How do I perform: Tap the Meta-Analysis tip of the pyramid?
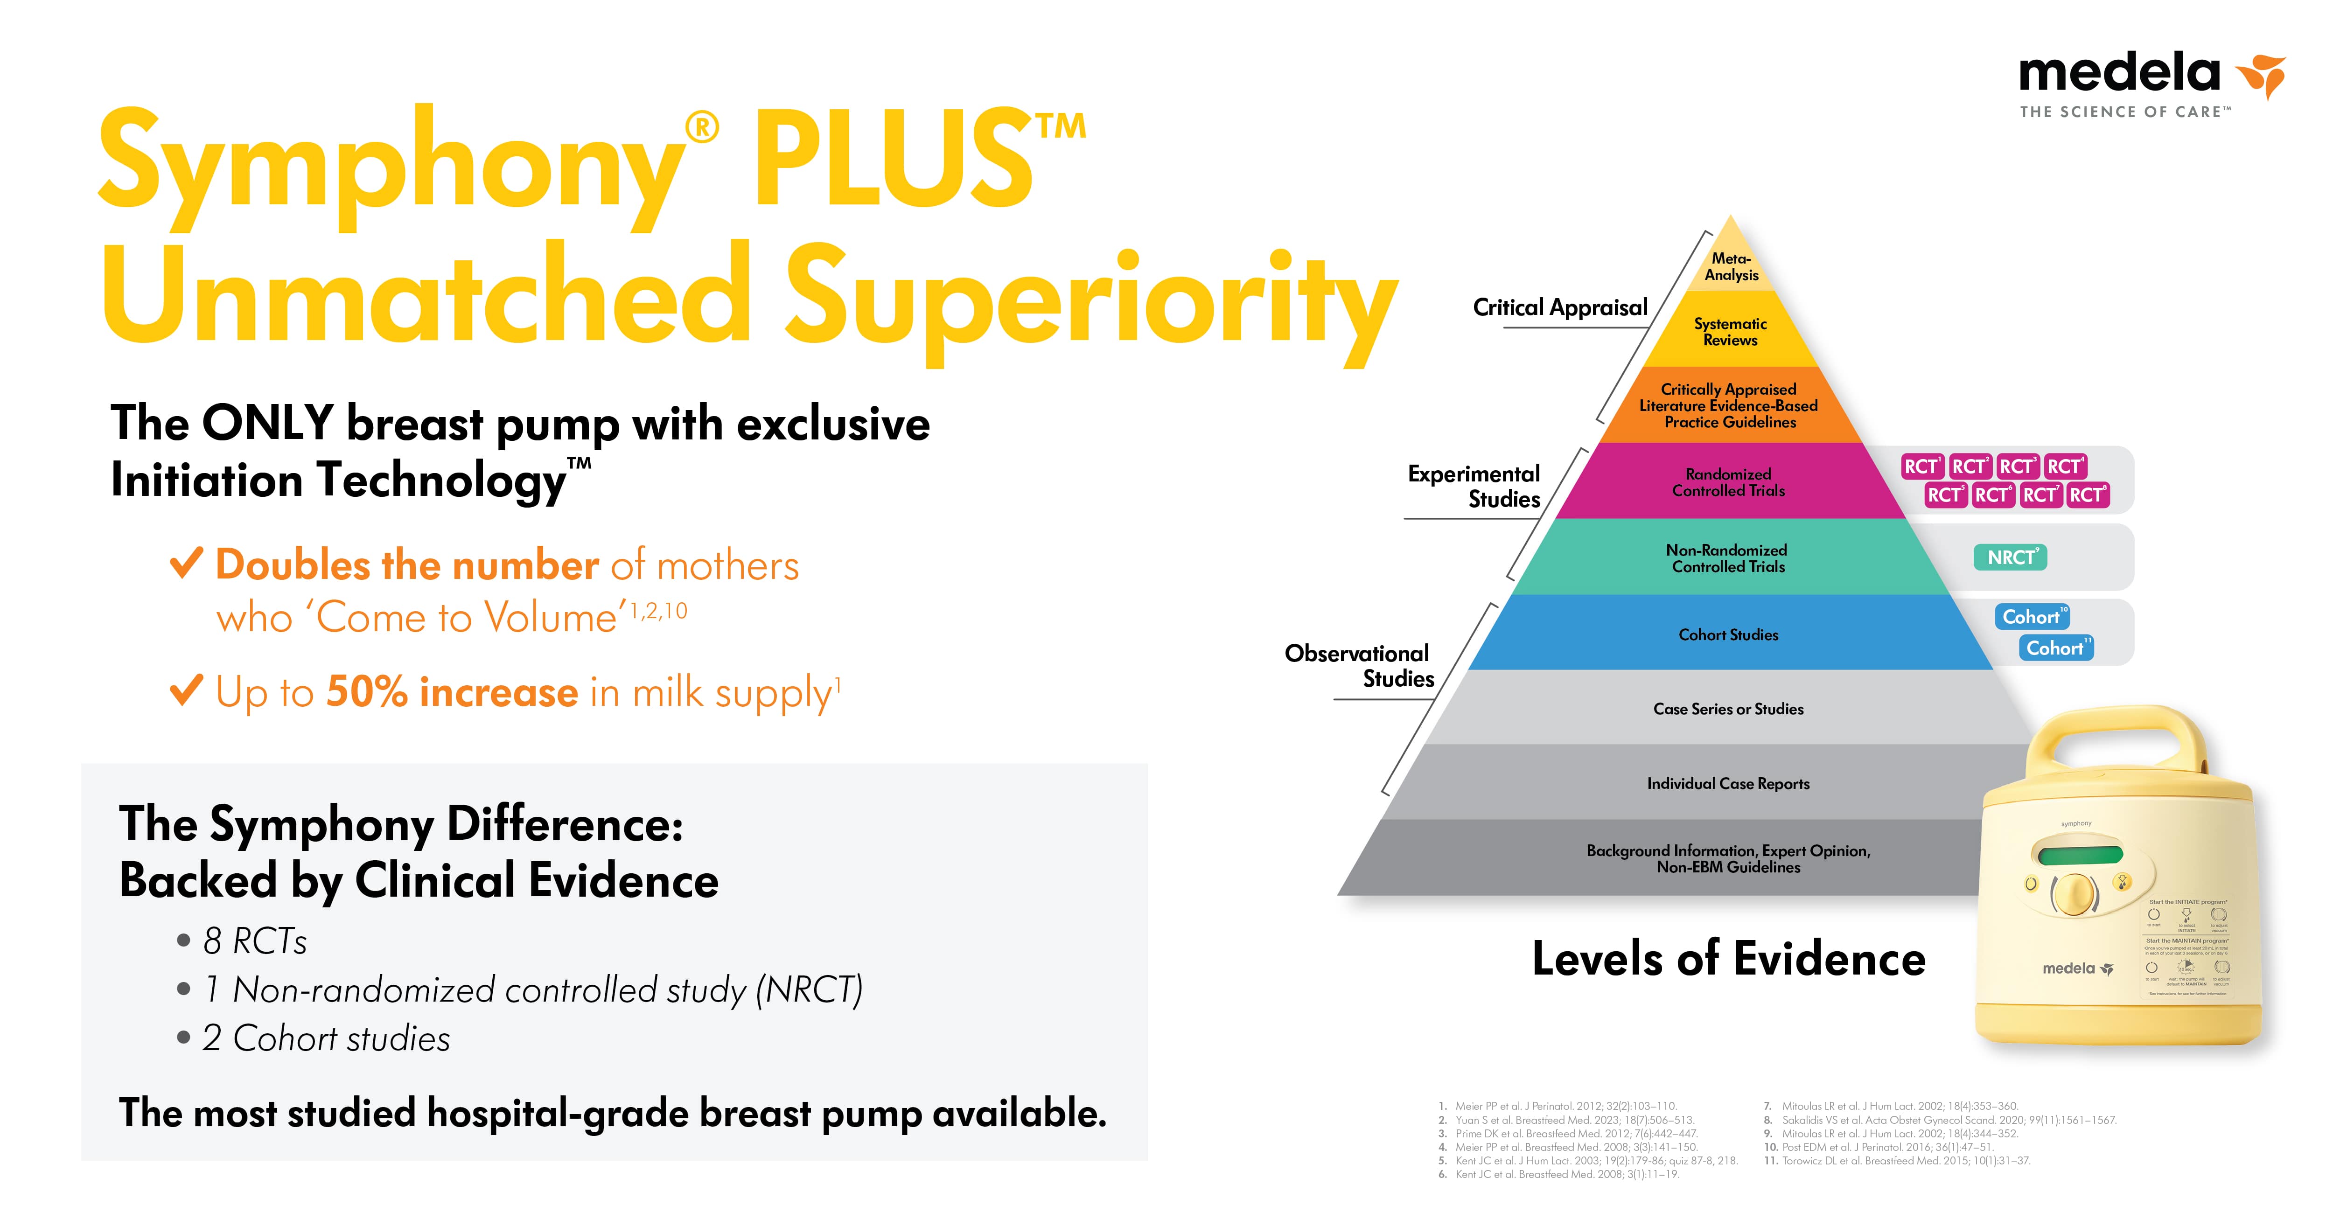[1731, 266]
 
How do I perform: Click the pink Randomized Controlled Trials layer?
[1728, 482]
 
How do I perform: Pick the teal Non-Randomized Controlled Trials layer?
[1728, 558]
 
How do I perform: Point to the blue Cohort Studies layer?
[1728, 634]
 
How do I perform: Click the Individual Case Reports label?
[1728, 783]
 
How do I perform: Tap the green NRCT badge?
[2010, 557]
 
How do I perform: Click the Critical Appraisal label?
[1559, 308]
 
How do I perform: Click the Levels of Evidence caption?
[1728, 958]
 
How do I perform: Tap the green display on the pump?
[2080, 854]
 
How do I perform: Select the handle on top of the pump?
[2110, 733]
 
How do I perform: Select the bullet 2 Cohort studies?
[326, 1038]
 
